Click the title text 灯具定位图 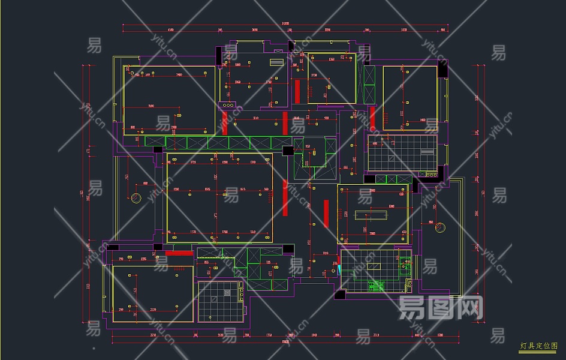pos(538,346)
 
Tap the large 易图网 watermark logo pos(441,308)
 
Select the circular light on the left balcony pos(136,198)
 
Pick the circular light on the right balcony pos(440,227)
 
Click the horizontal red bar pos(179,253)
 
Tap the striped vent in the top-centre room pos(276,62)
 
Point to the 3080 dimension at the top pos(254,29)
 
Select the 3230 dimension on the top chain pos(327,29)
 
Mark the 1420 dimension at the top pos(404,29)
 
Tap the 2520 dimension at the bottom pos(221,335)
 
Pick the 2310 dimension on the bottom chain pos(377,335)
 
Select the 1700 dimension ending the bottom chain pos(439,335)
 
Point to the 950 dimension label pos(308,146)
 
